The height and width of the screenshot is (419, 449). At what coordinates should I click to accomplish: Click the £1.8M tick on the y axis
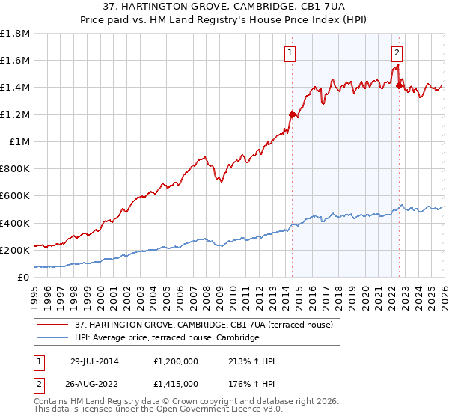click(x=16, y=34)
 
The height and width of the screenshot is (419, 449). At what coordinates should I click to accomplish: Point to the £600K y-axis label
click(x=15, y=196)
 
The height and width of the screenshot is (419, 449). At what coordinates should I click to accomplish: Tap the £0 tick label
click(x=23, y=277)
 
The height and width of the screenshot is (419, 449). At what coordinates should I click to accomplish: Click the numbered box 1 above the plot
click(x=290, y=52)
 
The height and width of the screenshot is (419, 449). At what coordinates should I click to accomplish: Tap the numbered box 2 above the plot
click(x=397, y=52)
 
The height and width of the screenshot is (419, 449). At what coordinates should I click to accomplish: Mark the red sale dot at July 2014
click(x=292, y=114)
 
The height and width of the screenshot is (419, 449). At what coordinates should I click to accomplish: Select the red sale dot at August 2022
click(x=399, y=86)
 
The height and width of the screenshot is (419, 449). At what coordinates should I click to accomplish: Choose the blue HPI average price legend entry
click(x=167, y=338)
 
